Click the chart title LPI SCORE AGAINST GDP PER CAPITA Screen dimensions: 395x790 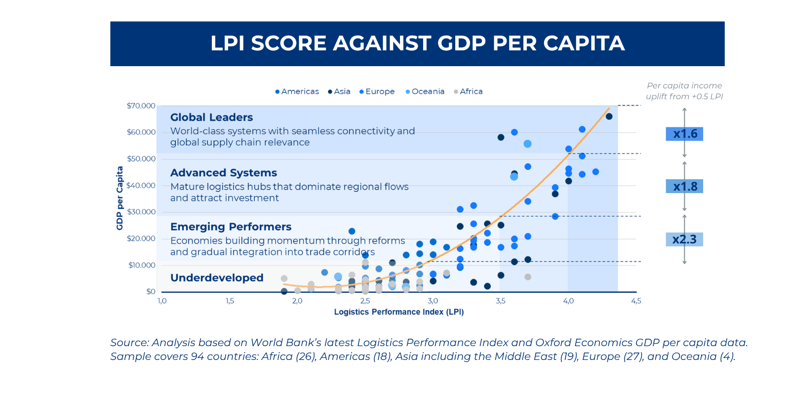click(417, 43)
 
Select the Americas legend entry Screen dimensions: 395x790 click(298, 92)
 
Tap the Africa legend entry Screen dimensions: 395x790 click(469, 92)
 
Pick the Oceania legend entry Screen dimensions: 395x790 click(425, 92)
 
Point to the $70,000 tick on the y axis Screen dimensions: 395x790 click(141, 106)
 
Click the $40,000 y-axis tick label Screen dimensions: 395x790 click(141, 186)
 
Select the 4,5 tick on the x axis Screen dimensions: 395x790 click(636, 301)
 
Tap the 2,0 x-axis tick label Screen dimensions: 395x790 click(297, 301)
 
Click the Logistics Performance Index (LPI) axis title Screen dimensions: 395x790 click(398, 312)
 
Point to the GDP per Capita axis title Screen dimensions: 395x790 click(119, 198)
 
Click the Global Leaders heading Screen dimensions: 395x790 click(211, 118)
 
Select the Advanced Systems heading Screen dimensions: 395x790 click(224, 173)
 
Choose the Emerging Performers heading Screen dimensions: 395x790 click(231, 227)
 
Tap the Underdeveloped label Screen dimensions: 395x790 click(217, 278)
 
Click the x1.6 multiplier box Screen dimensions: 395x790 click(684, 134)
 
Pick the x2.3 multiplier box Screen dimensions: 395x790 click(684, 239)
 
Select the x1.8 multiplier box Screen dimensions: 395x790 click(684, 187)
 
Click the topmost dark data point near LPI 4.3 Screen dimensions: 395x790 click(609, 117)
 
